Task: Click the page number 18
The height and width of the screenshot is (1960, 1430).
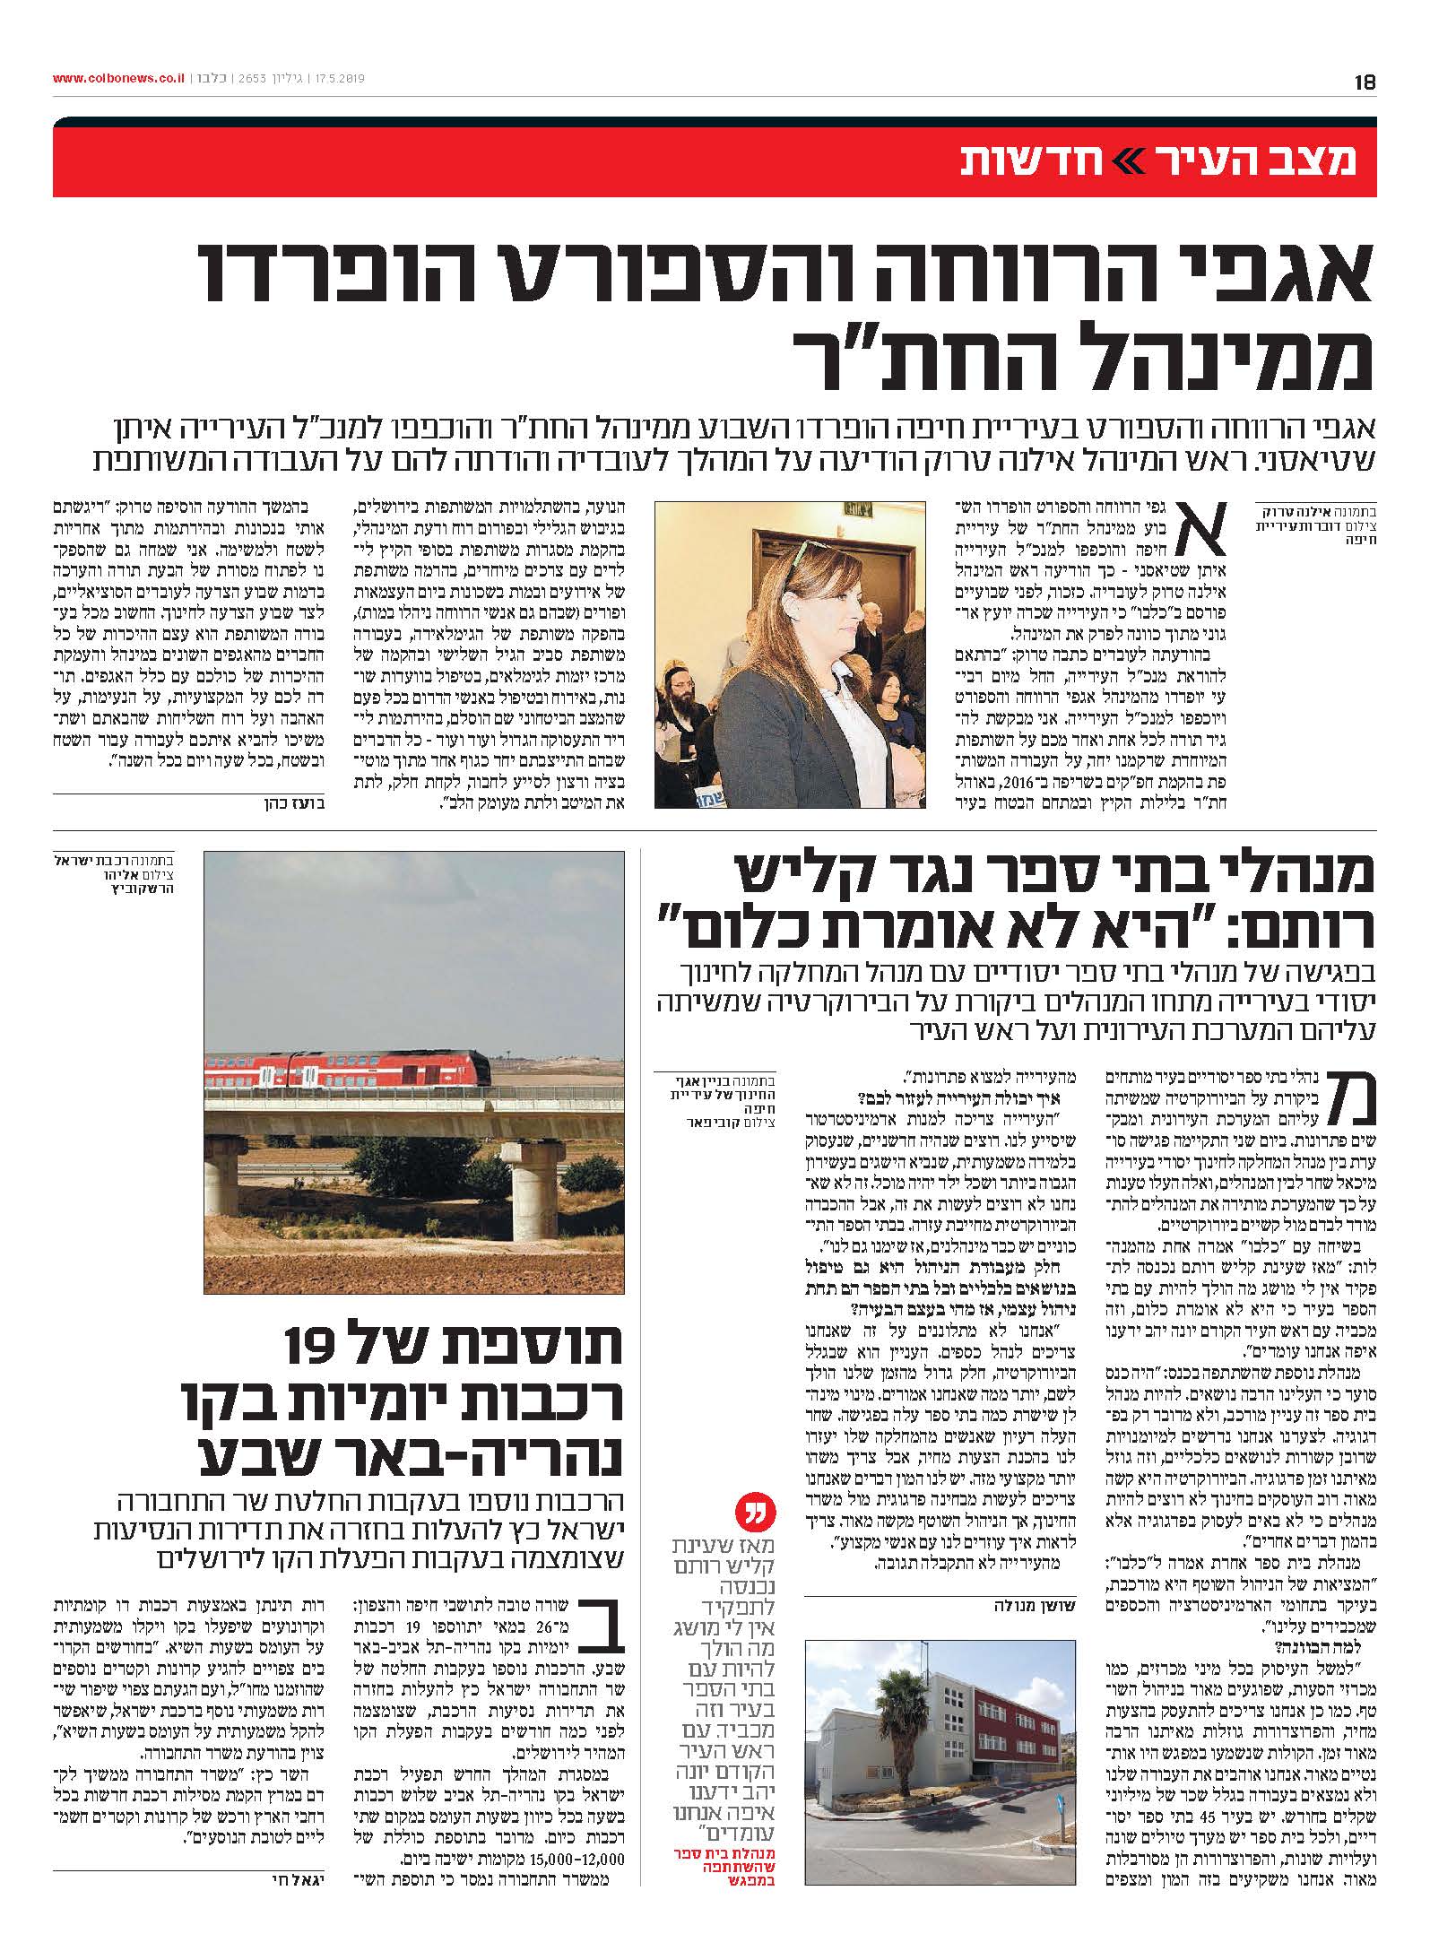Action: click(1365, 82)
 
